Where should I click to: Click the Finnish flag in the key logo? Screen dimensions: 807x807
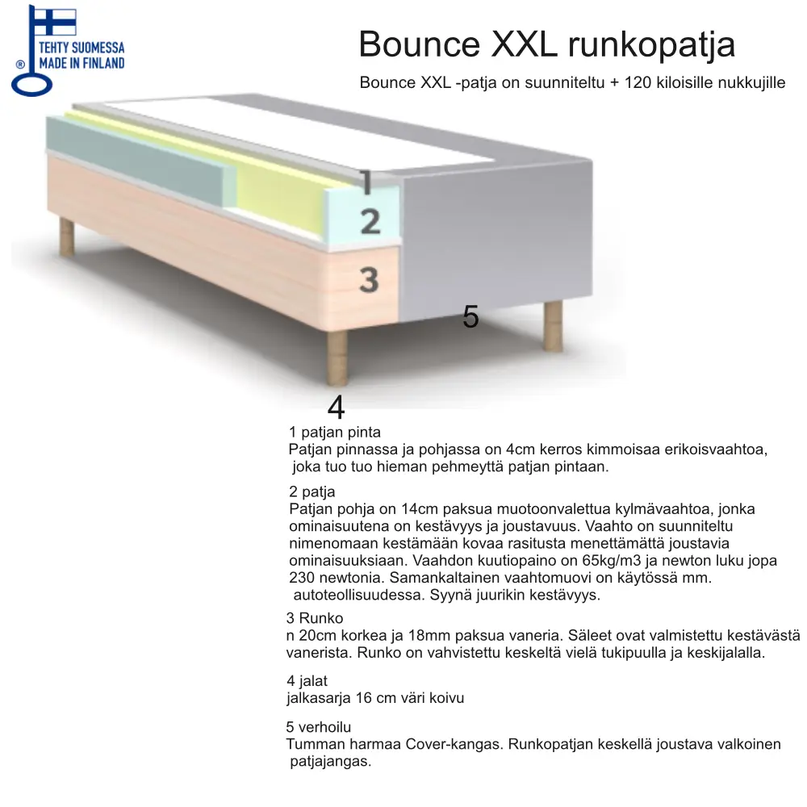(52, 22)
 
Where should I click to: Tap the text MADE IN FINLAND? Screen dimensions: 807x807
(82, 62)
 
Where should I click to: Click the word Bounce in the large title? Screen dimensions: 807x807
(420, 45)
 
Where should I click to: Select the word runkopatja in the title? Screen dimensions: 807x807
(651, 45)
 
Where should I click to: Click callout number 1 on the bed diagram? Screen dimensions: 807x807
(366, 183)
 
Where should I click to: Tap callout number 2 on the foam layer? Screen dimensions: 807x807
(370, 220)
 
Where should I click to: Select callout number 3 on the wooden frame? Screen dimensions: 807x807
(369, 280)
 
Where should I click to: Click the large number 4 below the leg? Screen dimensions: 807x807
(336, 408)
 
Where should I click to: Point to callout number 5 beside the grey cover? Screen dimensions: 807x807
(470, 317)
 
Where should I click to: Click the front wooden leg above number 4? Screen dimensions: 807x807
(337, 358)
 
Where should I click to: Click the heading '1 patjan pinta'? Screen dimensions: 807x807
(334, 433)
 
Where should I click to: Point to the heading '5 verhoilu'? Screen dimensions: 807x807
(319, 727)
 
